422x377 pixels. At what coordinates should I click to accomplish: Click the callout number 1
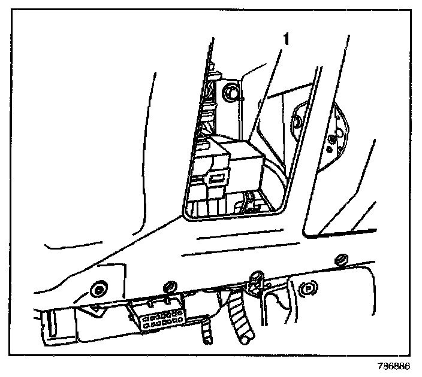287,40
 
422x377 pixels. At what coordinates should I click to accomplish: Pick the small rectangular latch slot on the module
217,178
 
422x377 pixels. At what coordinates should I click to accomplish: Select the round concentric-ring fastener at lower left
96,290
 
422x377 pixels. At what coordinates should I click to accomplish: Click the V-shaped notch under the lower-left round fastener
95,309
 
